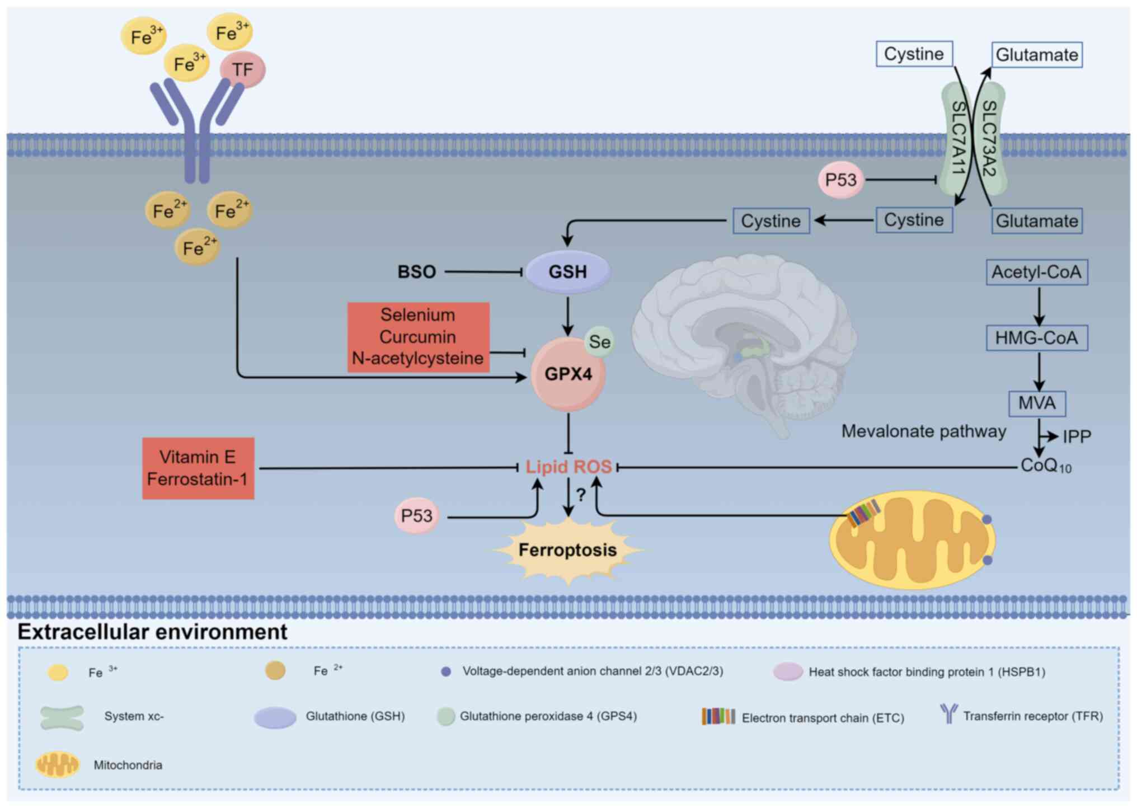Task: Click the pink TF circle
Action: [x=242, y=69]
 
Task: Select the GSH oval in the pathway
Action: [x=567, y=272]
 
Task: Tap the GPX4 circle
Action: [x=568, y=374]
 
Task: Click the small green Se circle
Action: [x=599, y=341]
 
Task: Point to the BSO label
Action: [x=416, y=272]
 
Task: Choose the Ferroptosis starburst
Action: [x=567, y=550]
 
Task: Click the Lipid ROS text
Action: [x=568, y=467]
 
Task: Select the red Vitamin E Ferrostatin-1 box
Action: [x=198, y=468]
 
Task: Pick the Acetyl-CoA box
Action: [x=1036, y=272]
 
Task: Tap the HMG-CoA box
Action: [x=1036, y=338]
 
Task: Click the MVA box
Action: [x=1037, y=403]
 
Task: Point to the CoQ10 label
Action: [x=1045, y=466]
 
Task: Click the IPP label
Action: [x=1077, y=436]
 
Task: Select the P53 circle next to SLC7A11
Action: [x=840, y=180]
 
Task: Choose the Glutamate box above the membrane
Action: [x=1037, y=55]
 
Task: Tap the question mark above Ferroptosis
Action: [x=581, y=495]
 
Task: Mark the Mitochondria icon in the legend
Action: [x=58, y=764]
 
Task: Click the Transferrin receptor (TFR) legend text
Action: [x=1032, y=716]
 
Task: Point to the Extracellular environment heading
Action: [x=152, y=632]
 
